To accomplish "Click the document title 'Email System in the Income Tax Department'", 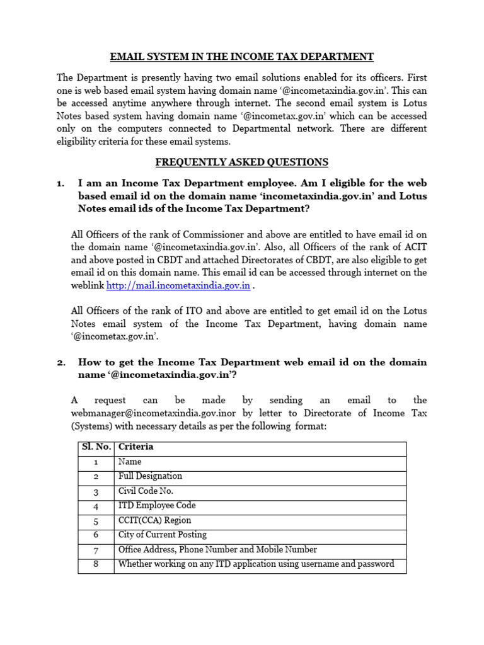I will [x=242, y=57].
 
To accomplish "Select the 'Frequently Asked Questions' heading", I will [x=242, y=162].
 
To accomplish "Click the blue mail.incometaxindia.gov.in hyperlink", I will [x=178, y=285].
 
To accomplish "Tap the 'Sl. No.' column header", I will [x=96, y=447].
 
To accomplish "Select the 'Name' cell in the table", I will [x=130, y=462].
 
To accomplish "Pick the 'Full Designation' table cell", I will [x=150, y=476].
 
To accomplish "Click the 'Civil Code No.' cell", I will [x=146, y=491].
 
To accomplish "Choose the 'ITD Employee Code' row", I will [x=157, y=505].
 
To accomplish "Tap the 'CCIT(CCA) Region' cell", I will [x=154, y=520].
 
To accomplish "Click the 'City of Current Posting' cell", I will [x=162, y=535].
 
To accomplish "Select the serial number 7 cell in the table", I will [x=96, y=550].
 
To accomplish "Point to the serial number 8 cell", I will [x=96, y=564].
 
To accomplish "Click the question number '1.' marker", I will [x=60, y=183].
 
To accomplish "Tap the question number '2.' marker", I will [x=60, y=362].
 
